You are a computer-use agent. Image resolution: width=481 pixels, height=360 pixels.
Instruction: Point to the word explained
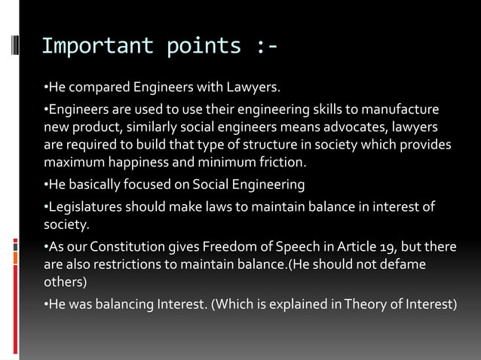(x=302, y=304)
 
